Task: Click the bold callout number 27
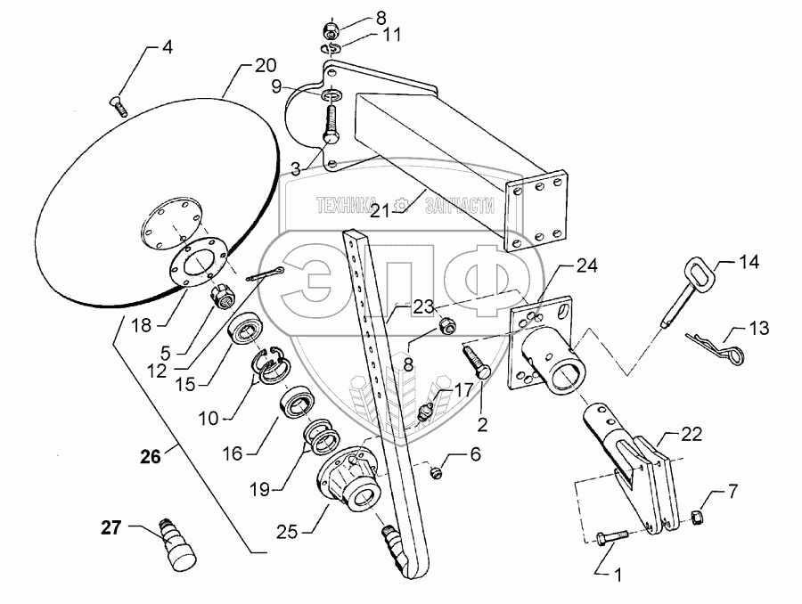click(x=110, y=527)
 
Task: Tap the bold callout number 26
click(x=151, y=456)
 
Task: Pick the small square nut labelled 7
click(x=698, y=518)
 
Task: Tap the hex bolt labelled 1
click(x=611, y=536)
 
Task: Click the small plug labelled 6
click(x=436, y=473)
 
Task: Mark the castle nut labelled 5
click(x=223, y=297)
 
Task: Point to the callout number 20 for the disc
click(x=265, y=65)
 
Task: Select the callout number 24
click(x=586, y=265)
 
